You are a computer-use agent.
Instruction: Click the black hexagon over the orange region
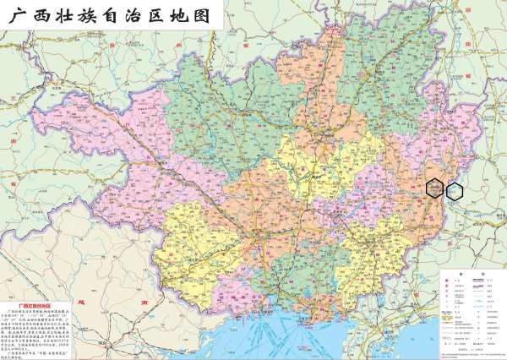(435, 188)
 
